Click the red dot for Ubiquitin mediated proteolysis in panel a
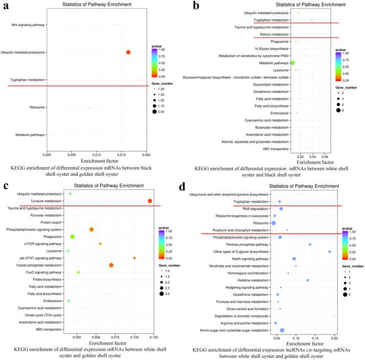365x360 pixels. coord(128,52)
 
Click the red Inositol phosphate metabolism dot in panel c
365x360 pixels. coord(112,265)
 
